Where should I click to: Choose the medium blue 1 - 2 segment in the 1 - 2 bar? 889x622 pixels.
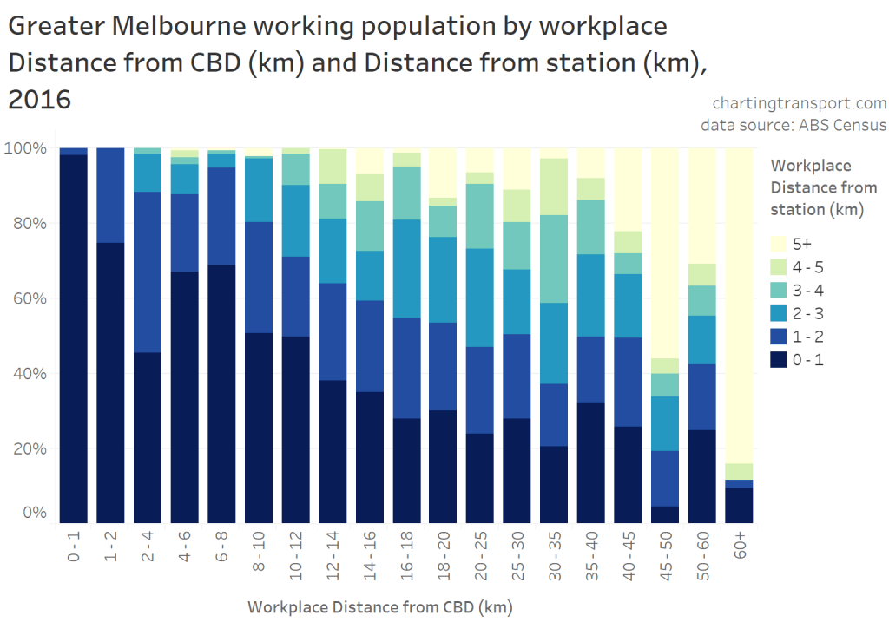pyautogui.click(x=110, y=195)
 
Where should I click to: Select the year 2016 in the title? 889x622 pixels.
pyautogui.click(x=39, y=101)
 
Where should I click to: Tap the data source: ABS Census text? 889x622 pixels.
pyautogui.click(x=794, y=125)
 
